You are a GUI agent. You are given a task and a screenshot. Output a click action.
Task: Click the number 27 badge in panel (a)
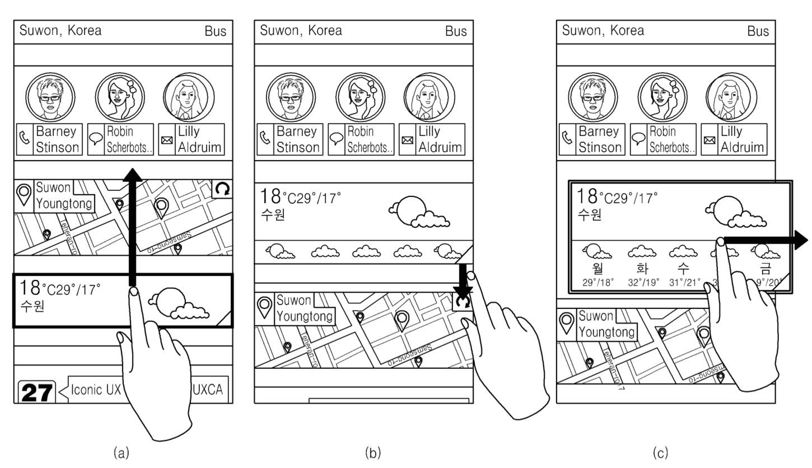(38, 392)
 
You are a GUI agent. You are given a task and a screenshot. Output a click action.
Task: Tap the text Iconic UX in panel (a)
(96, 390)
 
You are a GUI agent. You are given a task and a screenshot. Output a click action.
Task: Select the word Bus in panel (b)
(456, 31)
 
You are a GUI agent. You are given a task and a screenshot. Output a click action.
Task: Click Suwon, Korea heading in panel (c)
(603, 30)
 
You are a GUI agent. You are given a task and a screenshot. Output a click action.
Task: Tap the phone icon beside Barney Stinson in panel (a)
(25, 139)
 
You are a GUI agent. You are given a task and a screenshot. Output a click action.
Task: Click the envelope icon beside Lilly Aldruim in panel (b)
(408, 140)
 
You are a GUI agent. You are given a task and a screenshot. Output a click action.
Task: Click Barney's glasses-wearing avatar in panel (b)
(291, 98)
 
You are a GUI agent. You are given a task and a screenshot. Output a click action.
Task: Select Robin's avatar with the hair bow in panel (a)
(119, 97)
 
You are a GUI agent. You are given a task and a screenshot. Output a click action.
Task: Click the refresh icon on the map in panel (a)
(222, 190)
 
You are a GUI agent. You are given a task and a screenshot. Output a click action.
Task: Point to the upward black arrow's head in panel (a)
(132, 175)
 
